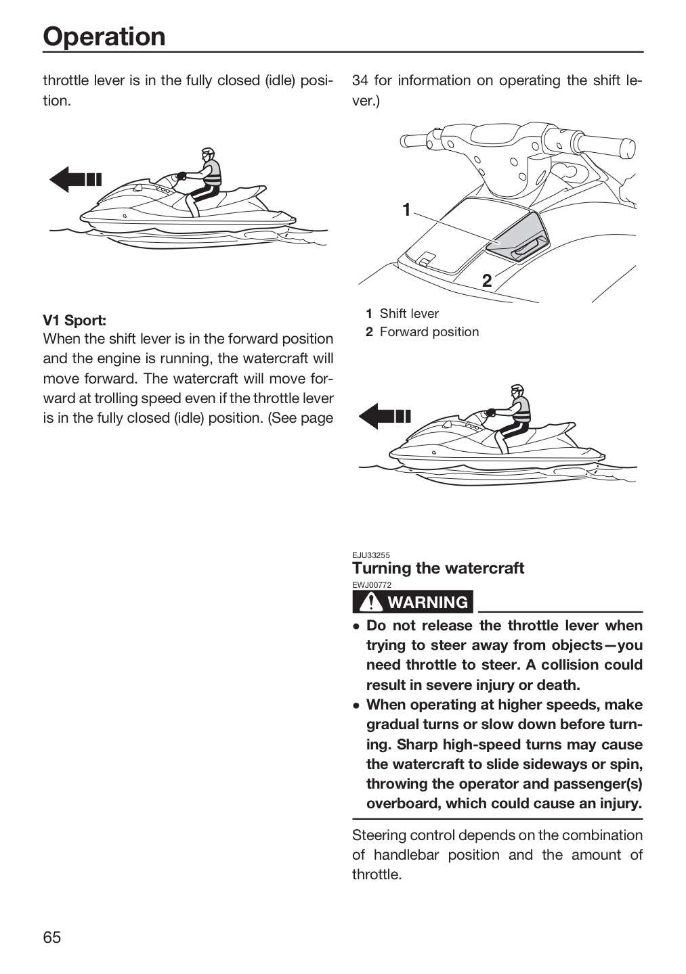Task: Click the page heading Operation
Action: click(x=104, y=36)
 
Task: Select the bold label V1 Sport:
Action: click(x=74, y=321)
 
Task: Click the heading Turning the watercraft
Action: click(x=438, y=568)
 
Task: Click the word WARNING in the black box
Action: click(x=427, y=602)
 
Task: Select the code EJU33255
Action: click(x=371, y=555)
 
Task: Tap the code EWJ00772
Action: click(x=372, y=585)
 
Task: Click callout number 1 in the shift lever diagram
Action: click(x=406, y=210)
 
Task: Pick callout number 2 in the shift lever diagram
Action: click(x=487, y=281)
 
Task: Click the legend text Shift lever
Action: click(x=409, y=314)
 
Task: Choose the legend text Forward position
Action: click(x=429, y=331)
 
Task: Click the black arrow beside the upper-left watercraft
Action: click(x=75, y=179)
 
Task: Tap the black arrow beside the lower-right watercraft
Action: click(x=385, y=416)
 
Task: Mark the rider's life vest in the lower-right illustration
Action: click(x=521, y=410)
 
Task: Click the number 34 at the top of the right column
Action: click(x=360, y=81)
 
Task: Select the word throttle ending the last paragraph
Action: click(x=377, y=875)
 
